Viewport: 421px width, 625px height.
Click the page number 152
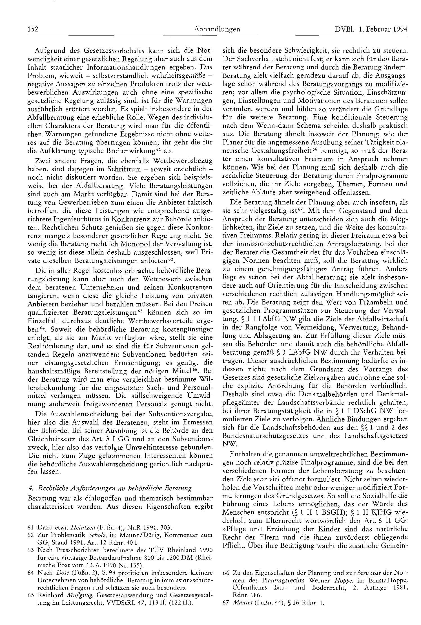click(33, 29)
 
